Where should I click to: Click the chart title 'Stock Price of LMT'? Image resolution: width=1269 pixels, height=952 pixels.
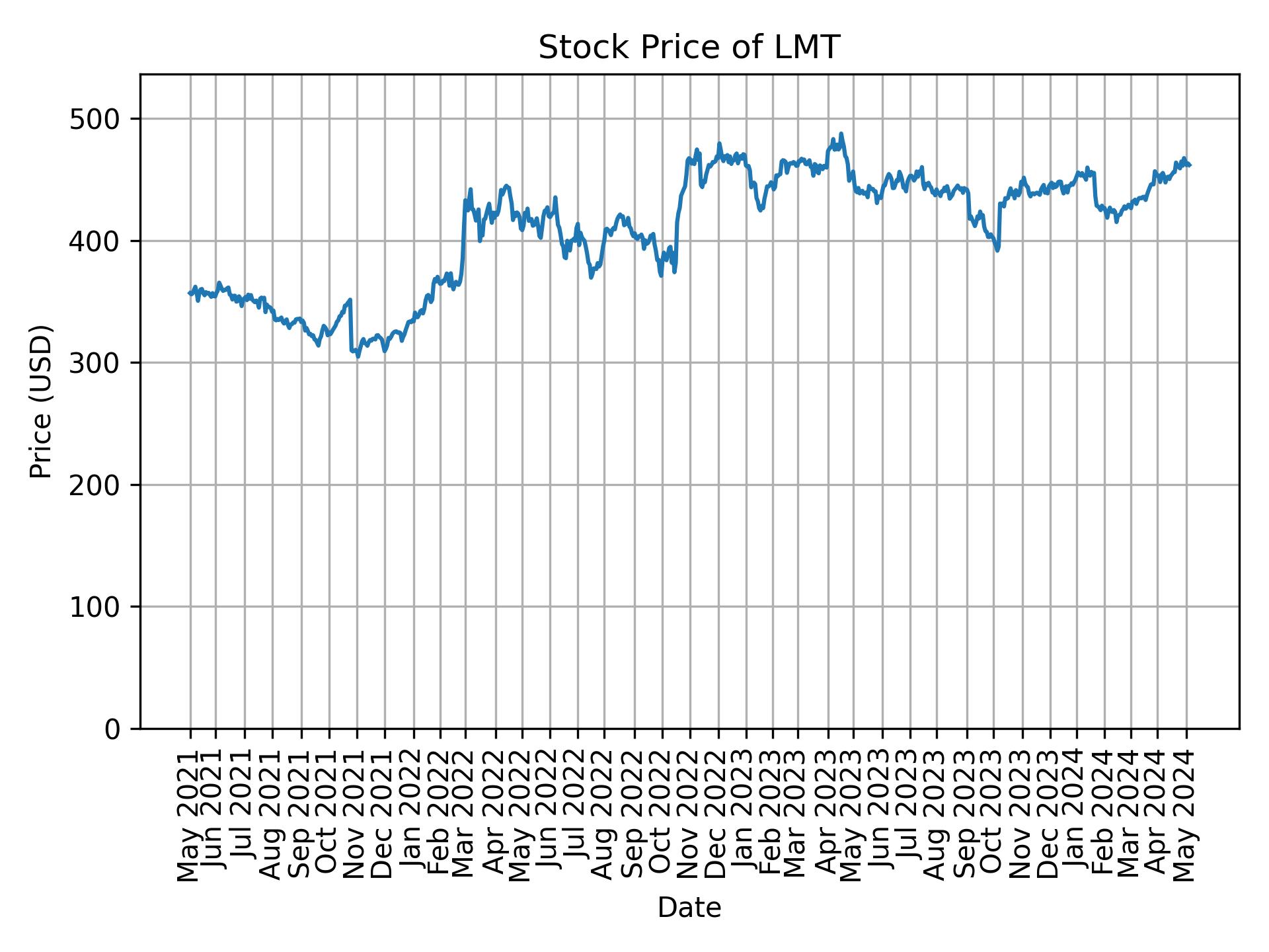click(689, 48)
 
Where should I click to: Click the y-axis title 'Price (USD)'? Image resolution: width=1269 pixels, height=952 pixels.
click(42, 401)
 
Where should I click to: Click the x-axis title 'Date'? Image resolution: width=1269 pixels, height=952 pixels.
click(689, 908)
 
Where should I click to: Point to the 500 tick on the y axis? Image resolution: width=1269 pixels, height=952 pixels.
click(100, 120)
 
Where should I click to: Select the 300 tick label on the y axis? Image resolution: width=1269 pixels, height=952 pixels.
click(100, 363)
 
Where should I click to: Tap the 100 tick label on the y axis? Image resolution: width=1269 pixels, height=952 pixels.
click(100, 607)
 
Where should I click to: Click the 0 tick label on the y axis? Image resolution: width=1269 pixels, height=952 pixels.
click(113, 729)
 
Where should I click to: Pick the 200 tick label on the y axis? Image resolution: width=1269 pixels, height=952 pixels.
click(100, 485)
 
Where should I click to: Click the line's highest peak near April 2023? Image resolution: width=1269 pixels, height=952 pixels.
click(841, 134)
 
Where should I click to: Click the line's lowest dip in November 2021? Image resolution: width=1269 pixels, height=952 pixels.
click(358, 357)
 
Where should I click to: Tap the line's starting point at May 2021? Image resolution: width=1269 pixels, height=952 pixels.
click(189, 293)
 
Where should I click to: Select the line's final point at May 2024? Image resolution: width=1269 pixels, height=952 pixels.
click(1190, 165)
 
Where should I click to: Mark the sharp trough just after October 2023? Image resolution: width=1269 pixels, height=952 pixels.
click(997, 251)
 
